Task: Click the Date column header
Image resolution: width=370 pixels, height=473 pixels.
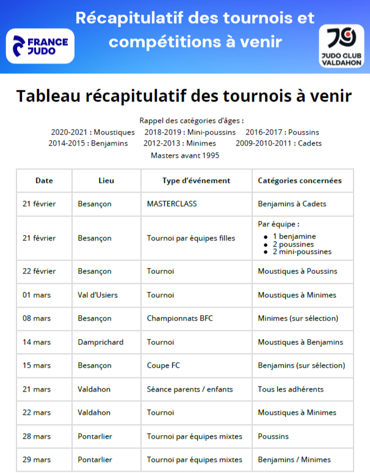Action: pos(44,181)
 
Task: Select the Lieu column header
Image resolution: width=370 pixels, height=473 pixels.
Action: pos(106,181)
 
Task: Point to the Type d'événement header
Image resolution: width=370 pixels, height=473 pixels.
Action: pos(196,181)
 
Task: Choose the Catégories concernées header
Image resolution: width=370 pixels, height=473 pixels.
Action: pos(300,181)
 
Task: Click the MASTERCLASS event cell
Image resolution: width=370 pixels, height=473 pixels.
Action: pos(172,204)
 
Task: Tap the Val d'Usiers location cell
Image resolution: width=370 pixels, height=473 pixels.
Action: pos(98,295)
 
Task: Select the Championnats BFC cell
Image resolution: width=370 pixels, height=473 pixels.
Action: pos(180,318)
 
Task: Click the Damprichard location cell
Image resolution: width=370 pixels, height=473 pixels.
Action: pos(101,342)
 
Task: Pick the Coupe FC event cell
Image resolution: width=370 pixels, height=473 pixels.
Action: pos(163,365)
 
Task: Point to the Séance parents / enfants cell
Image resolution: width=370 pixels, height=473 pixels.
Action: pos(190,389)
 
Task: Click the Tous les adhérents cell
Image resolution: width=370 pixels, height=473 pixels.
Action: pos(291,389)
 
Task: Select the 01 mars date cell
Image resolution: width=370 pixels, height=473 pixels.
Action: pos(37,295)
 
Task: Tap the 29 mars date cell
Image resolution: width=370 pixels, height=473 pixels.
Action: pos(37,460)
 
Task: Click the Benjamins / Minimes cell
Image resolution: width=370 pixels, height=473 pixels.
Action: pos(294,460)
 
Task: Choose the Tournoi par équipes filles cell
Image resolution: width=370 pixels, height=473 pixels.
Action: pos(191,238)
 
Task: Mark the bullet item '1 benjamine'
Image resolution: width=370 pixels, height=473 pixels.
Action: pos(294,236)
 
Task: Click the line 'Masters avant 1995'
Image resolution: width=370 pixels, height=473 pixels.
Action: pos(185,155)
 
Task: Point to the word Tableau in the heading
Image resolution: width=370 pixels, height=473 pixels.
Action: pos(51,97)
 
